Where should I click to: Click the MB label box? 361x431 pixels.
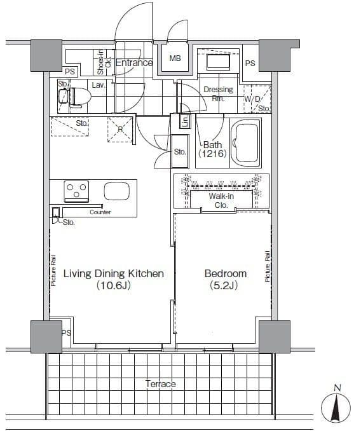coord(175,58)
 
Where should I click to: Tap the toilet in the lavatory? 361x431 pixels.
coord(75,97)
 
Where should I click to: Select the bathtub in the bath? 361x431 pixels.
coord(245,143)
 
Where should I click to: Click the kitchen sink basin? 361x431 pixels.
coord(117,191)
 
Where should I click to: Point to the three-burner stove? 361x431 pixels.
coord(76,191)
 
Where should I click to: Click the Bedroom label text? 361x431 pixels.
coord(226,273)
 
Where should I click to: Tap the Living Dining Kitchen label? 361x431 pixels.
coord(114,273)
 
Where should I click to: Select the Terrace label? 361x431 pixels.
coord(161,384)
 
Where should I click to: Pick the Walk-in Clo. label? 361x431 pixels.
coord(221,201)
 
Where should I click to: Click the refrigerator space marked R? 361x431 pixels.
coord(120,130)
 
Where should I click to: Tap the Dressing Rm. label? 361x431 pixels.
coord(219,93)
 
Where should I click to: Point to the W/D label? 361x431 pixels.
coord(252,99)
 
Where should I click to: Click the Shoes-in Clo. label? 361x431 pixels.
coord(104,62)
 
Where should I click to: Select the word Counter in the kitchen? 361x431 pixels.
coord(100,212)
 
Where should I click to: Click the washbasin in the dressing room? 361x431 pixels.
coord(218,62)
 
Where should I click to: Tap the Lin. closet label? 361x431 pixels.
coord(185,121)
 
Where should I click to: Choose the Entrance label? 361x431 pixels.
coord(134,63)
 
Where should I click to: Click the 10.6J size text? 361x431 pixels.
coord(114,285)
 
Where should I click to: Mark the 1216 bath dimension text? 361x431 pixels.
coord(212,153)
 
